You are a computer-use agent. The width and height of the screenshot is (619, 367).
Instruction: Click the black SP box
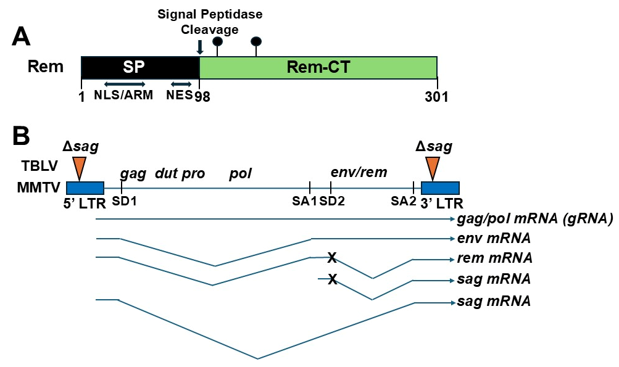coord(140,67)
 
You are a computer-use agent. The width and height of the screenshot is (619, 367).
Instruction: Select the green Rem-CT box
coord(318,67)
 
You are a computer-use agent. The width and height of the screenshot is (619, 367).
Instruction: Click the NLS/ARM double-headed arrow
coord(124,84)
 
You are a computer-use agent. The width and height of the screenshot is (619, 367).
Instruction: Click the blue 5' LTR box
coord(85,188)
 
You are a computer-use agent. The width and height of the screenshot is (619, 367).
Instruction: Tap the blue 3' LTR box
coord(440,188)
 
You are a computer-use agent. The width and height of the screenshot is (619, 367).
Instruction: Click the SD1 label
coord(122,202)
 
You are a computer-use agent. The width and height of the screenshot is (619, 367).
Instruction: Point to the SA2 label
coord(404,202)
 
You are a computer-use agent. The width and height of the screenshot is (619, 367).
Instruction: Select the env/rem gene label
coord(359,172)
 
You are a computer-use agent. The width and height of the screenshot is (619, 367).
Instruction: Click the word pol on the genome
coord(241,173)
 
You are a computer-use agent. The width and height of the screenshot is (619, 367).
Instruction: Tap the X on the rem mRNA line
coord(332,257)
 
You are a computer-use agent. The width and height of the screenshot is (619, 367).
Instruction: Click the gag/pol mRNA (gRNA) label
coord(534,219)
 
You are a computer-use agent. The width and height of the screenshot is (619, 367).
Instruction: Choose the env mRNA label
coord(494,239)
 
